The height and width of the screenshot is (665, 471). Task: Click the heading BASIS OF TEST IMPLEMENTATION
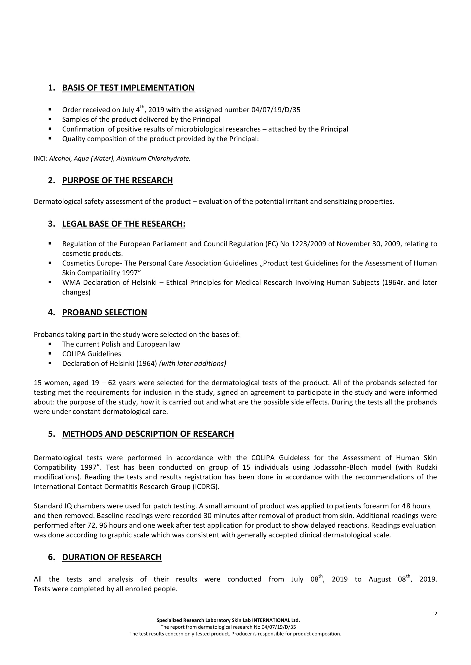click(128, 88)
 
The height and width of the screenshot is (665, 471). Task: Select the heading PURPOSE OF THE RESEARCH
click(117, 181)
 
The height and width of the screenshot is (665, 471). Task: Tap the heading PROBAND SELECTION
click(105, 312)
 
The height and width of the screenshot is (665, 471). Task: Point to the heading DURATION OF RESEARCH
click(112, 557)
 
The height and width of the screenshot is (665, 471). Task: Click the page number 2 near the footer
click(436, 614)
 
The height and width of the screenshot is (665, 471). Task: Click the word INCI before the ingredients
click(40, 159)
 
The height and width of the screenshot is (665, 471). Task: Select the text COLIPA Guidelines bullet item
click(92, 354)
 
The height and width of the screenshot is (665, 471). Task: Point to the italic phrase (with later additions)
click(193, 364)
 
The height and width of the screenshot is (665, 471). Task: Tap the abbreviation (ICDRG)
click(206, 487)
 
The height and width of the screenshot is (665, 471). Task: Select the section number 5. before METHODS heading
click(52, 434)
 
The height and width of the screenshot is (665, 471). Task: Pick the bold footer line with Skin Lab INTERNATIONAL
click(228, 620)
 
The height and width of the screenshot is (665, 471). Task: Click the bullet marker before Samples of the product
click(50, 119)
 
